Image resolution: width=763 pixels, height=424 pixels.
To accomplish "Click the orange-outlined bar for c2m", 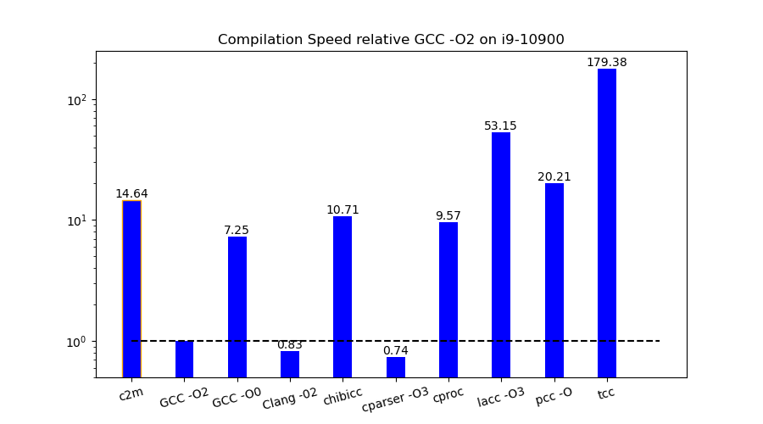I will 131,288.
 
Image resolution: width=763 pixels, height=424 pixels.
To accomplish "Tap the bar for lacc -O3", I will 501,254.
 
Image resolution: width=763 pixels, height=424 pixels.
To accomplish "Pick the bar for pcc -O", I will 554,280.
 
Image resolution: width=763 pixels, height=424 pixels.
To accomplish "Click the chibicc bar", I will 343,297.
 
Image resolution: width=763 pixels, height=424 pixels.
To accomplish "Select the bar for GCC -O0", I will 237,307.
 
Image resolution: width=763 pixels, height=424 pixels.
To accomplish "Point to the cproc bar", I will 448,299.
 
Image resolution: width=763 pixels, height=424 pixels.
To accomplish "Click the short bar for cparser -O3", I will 396,367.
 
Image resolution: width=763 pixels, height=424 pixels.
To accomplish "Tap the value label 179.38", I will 607,63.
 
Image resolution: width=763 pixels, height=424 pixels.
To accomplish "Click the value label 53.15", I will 500,126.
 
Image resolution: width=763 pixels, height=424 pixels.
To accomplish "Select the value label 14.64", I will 131,194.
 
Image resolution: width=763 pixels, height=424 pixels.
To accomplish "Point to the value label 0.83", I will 290,345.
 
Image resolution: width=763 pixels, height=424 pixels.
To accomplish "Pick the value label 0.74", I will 396,351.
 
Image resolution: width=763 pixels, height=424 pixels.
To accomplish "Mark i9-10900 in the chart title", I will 531,40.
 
